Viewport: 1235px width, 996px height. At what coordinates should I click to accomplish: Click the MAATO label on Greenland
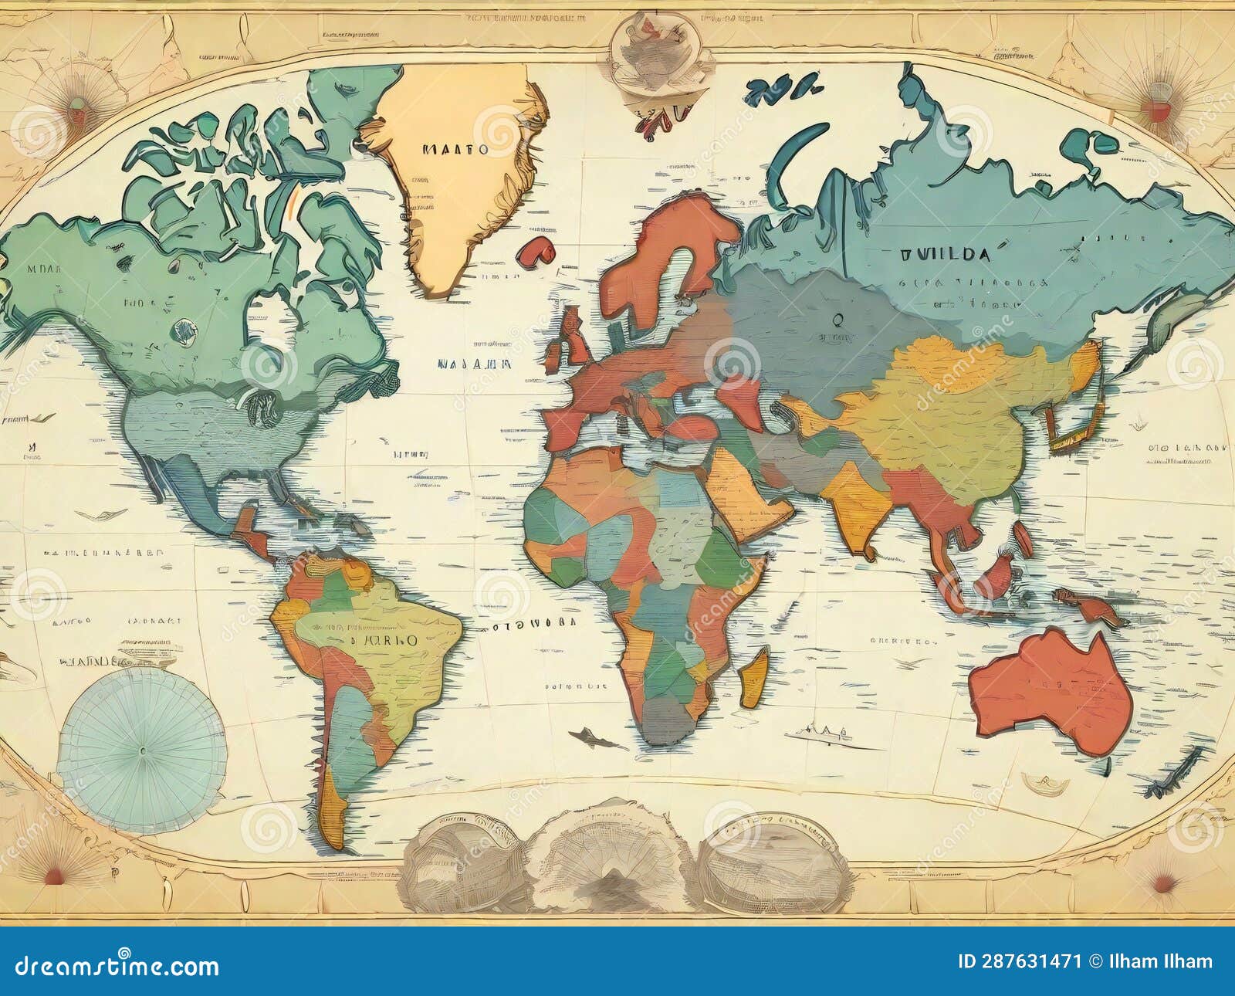point(455,149)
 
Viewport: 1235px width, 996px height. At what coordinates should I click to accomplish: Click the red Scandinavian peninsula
point(664,255)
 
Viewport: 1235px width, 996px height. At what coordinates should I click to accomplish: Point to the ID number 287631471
point(1020,962)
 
